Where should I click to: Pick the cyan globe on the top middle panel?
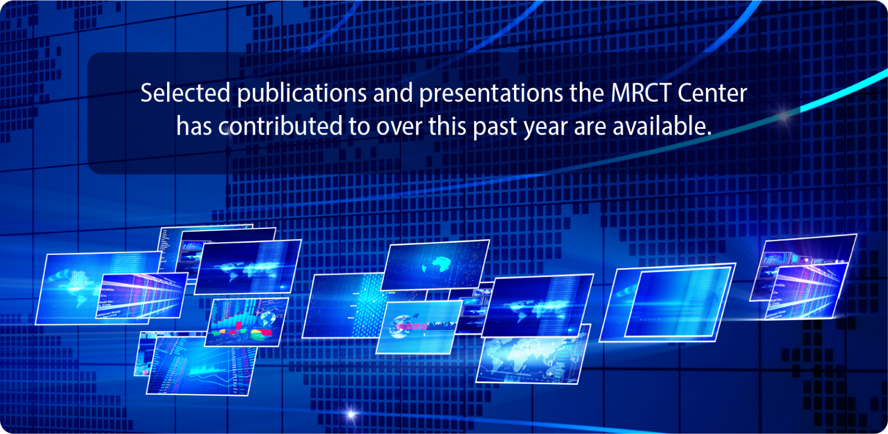pos(435,266)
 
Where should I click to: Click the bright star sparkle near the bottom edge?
pos(349,414)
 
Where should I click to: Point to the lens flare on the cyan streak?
pos(784,115)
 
